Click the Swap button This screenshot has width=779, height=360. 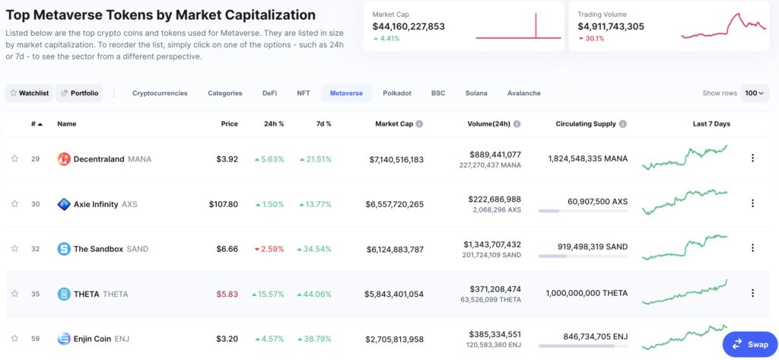coord(750,344)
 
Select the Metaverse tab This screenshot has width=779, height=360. coord(346,93)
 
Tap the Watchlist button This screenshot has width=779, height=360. coord(29,93)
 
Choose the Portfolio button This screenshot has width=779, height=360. coord(79,93)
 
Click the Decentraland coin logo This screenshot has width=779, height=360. coord(64,159)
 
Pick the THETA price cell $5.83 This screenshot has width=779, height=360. coord(227,294)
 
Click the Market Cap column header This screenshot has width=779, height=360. coord(394,123)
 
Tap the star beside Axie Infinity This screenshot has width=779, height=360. coord(14,204)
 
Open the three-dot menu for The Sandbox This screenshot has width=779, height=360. coord(752,248)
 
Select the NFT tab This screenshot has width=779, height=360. coord(304,93)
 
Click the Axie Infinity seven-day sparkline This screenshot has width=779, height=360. coord(685,202)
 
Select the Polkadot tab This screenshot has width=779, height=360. coord(397,93)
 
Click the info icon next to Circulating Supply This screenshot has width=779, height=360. coord(623,123)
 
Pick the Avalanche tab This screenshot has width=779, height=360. coord(524,93)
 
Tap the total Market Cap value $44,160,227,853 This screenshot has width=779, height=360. coord(409,26)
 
